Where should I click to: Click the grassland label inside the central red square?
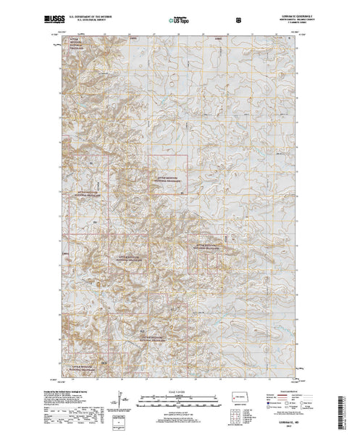pyautogui.click(x=167, y=176)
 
